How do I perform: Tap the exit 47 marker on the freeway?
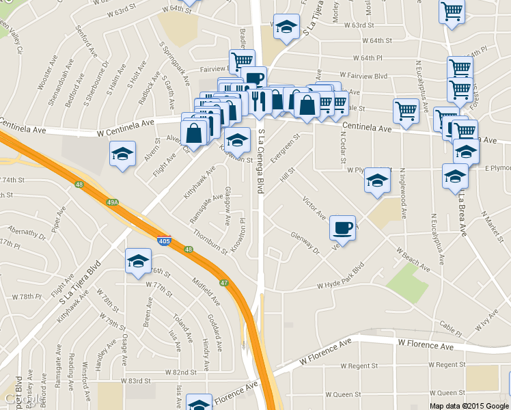[x=223, y=282]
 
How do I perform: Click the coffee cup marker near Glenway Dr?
[x=342, y=227]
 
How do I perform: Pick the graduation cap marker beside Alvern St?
[x=123, y=153]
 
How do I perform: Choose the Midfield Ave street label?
[x=207, y=290]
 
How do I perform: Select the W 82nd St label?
[x=181, y=372]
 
